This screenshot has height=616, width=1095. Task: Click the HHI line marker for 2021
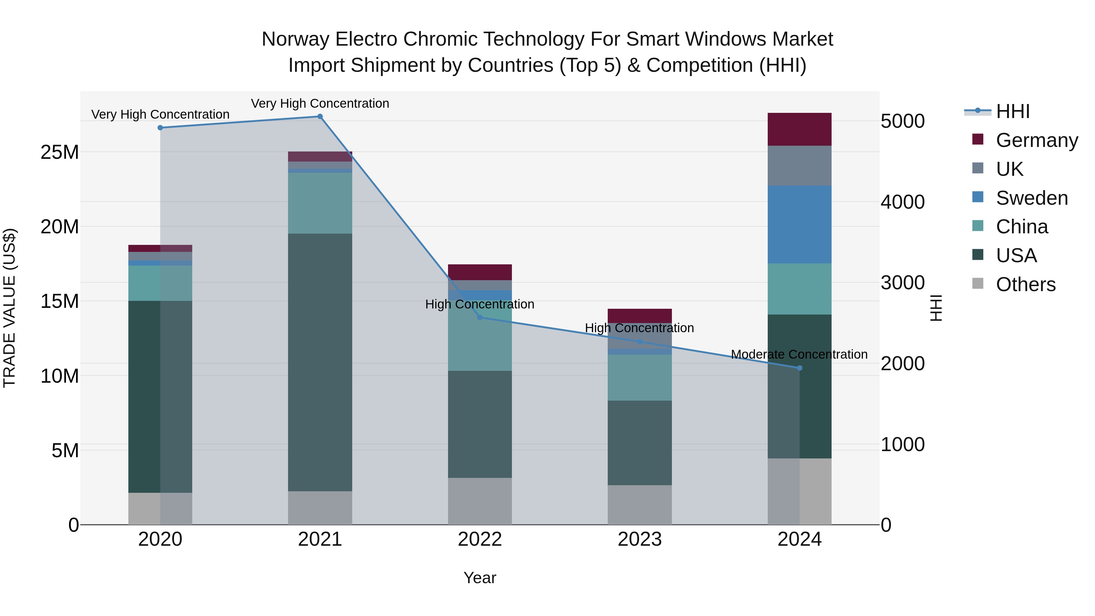tap(320, 117)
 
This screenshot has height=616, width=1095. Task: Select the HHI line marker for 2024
tap(800, 368)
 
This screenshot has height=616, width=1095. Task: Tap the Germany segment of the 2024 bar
tap(800, 129)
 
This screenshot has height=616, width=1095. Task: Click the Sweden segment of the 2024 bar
tap(800, 224)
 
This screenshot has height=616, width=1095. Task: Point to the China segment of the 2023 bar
tap(640, 378)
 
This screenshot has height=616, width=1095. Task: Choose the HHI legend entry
tap(1013, 111)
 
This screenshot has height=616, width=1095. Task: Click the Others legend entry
tap(1025, 284)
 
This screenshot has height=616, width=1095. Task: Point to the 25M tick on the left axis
tap(60, 152)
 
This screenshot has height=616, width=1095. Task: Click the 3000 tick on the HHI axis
tap(902, 283)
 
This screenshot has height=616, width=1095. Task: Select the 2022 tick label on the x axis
tap(480, 539)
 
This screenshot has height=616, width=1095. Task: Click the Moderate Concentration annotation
tap(799, 354)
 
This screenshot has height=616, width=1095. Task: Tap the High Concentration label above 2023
tap(639, 328)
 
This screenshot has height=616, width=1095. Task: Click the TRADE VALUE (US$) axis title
tap(9, 308)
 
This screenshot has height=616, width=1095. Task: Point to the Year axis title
tap(480, 578)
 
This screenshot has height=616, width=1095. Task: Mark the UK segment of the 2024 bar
tap(800, 166)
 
